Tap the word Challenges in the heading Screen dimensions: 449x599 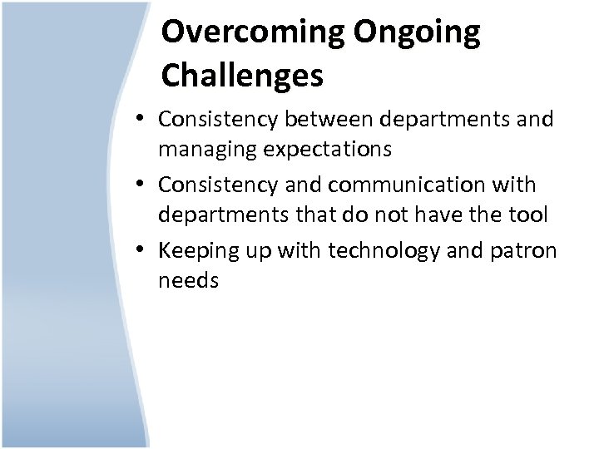pyautogui.click(x=242, y=76)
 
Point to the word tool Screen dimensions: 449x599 pyautogui.click(x=530, y=216)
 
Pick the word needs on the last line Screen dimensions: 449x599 pyautogui.click(x=188, y=281)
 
